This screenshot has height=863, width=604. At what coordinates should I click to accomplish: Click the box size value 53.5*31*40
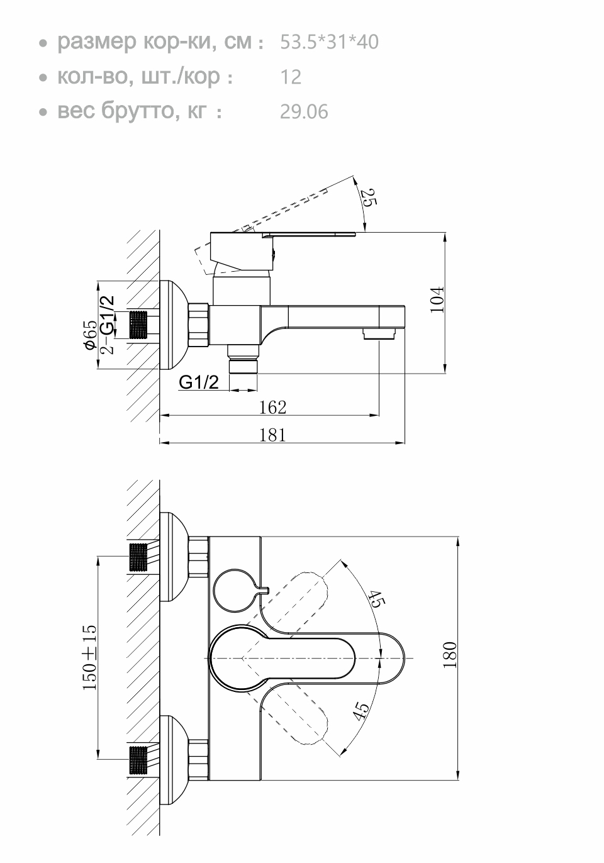pyautogui.click(x=328, y=42)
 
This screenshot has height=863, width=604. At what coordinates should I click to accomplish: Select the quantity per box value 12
pyautogui.click(x=291, y=77)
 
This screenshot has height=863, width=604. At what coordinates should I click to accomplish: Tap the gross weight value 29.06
pyautogui.click(x=304, y=112)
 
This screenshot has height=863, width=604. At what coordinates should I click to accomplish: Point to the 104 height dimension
pyautogui.click(x=439, y=299)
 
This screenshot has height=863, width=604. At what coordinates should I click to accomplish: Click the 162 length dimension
pyautogui.click(x=272, y=407)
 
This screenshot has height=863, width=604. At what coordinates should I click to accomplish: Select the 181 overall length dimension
pyautogui.click(x=272, y=434)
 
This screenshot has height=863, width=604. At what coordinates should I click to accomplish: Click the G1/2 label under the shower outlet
pyautogui.click(x=199, y=382)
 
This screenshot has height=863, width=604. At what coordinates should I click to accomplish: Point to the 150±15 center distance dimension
pyautogui.click(x=90, y=657)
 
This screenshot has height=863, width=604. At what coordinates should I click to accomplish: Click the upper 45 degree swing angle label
pyautogui.click(x=376, y=599)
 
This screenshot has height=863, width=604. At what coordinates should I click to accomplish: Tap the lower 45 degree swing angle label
pyautogui.click(x=361, y=711)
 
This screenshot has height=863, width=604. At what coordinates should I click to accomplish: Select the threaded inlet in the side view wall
pyautogui.click(x=142, y=325)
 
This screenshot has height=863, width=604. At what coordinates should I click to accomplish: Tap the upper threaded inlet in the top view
pyautogui.click(x=140, y=557)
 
